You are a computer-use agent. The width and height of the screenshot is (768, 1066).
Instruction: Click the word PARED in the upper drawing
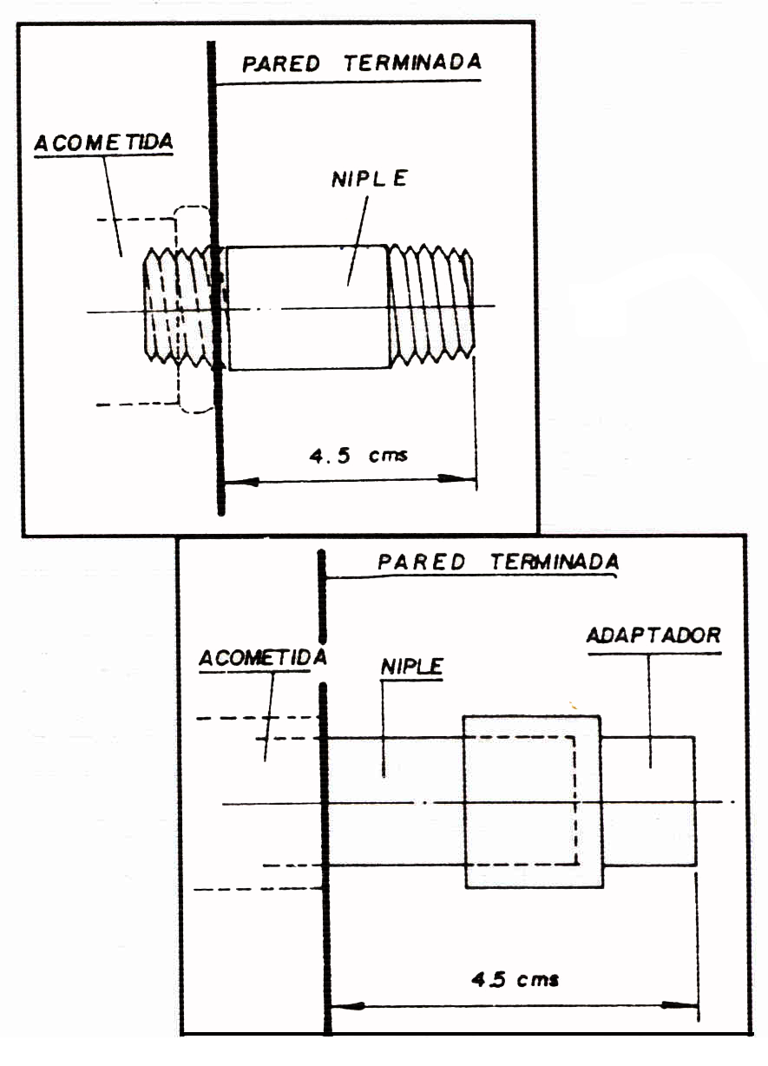coord(281,63)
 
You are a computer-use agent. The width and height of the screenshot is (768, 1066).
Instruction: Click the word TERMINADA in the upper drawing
coord(413,63)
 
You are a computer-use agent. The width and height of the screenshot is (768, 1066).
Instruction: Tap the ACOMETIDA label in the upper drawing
coord(103,142)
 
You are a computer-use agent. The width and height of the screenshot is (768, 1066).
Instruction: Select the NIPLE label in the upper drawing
coord(370,179)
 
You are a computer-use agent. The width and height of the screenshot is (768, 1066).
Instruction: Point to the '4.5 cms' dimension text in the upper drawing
coord(358,456)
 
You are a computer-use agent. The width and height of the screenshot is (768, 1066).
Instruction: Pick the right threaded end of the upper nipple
coord(431,305)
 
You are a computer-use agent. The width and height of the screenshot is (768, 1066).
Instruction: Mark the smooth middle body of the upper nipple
coord(308,307)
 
